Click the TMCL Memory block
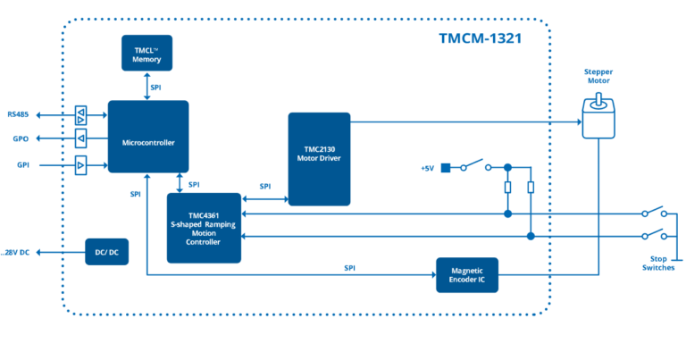coord(147,54)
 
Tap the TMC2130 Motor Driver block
coord(319,158)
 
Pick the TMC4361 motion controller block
coord(204,228)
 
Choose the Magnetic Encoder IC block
coord(466,274)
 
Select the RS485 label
coord(19,114)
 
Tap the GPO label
coord(21,139)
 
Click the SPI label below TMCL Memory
coord(156,87)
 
